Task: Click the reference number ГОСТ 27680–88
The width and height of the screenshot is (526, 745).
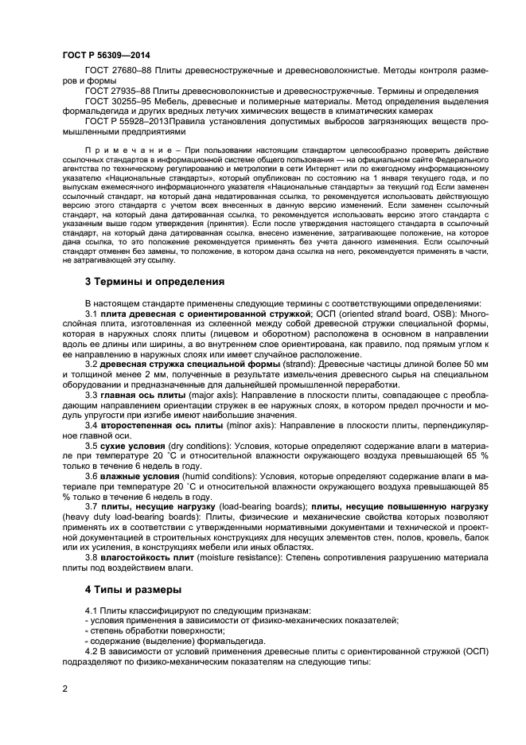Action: coord(117,72)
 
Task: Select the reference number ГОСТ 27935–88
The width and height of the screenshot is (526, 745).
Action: coord(117,92)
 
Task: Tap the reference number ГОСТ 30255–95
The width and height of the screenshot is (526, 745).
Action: coord(117,102)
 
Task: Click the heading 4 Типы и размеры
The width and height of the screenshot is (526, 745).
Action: coord(132,590)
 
